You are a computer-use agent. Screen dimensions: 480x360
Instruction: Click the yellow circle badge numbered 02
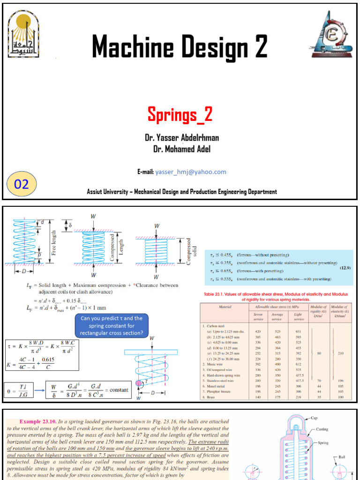coord(22,184)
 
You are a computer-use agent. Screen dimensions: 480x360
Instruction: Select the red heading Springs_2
coord(180,114)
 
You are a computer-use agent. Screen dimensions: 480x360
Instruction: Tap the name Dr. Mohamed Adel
coord(180,149)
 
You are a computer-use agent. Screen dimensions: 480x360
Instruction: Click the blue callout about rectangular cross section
coord(114,326)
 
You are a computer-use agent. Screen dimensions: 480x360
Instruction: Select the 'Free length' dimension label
coord(53,241)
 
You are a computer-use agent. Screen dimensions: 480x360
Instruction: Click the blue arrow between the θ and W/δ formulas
coord(39,390)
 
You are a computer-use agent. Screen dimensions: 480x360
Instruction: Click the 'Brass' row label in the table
coord(213,397)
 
